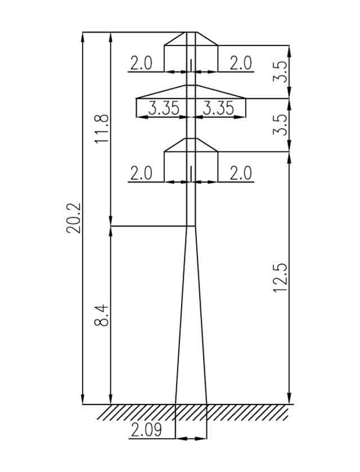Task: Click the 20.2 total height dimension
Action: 73,218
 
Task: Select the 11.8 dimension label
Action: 101,129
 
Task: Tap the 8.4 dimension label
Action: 101,315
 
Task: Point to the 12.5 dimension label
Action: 280,278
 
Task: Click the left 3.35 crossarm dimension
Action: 164,108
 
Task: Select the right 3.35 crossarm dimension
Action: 218,108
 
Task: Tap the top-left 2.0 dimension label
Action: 141,63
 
